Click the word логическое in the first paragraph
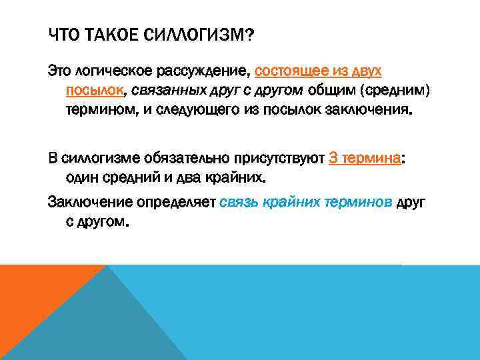pyautogui.click(x=111, y=71)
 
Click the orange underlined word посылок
pyautogui.click(x=93, y=90)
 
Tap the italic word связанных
pyautogui.click(x=163, y=90)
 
